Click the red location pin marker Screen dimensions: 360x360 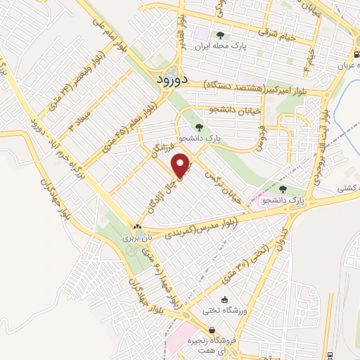click(181, 167)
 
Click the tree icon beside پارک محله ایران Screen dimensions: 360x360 click(221, 34)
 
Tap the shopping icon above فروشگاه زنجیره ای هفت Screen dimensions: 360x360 click(211, 330)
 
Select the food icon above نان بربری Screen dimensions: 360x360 click(138, 226)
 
